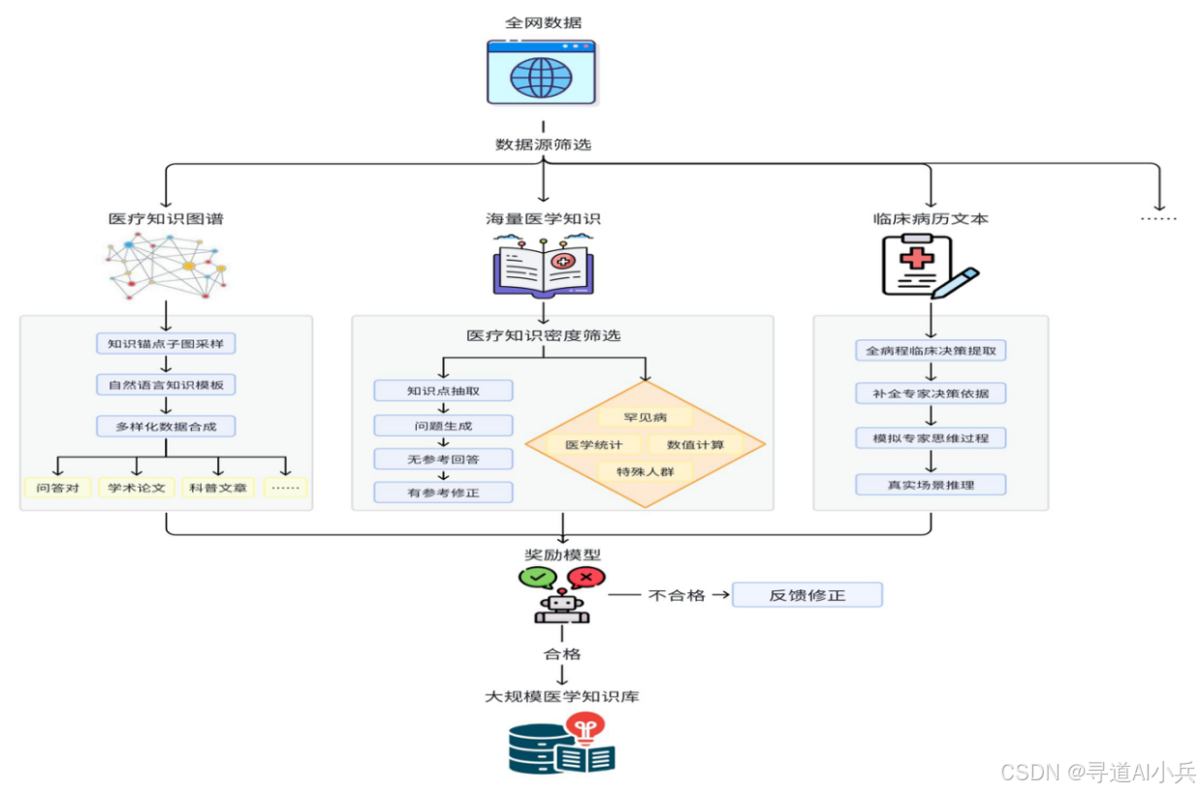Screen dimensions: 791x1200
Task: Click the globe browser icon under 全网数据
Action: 542,72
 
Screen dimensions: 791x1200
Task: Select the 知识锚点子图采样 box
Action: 166,343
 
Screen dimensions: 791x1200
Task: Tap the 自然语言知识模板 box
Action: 166,385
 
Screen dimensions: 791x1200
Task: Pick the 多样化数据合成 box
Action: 166,427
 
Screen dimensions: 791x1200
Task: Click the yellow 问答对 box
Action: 57,488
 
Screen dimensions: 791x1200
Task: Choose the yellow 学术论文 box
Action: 137,488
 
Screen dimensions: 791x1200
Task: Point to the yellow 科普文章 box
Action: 218,488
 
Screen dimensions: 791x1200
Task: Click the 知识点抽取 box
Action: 443,391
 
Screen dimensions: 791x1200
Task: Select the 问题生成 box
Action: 443,426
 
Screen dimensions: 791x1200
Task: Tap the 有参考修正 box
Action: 443,492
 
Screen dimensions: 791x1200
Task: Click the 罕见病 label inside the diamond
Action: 645,418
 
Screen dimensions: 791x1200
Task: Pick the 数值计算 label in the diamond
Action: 695,445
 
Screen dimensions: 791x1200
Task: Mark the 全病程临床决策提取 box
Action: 931,351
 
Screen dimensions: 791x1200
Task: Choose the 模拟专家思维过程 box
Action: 931,438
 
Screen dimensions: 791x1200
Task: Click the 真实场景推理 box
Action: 931,485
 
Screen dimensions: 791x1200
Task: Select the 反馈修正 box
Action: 806,595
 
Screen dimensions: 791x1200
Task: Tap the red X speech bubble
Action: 586,579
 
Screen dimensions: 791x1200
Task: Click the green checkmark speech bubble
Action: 537,579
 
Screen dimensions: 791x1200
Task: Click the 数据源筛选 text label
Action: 543,144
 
